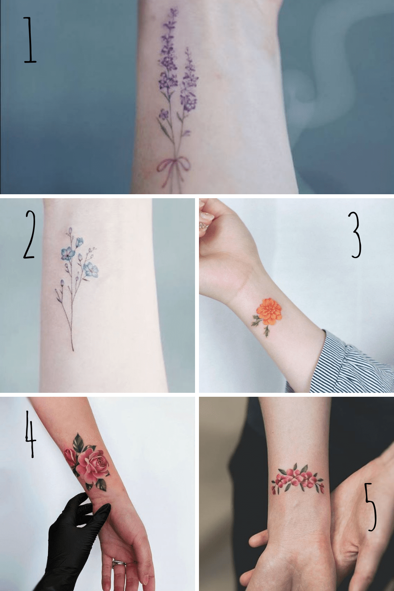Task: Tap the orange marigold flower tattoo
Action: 269,311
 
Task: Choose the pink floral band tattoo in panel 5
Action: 297,479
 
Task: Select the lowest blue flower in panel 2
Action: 91,270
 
